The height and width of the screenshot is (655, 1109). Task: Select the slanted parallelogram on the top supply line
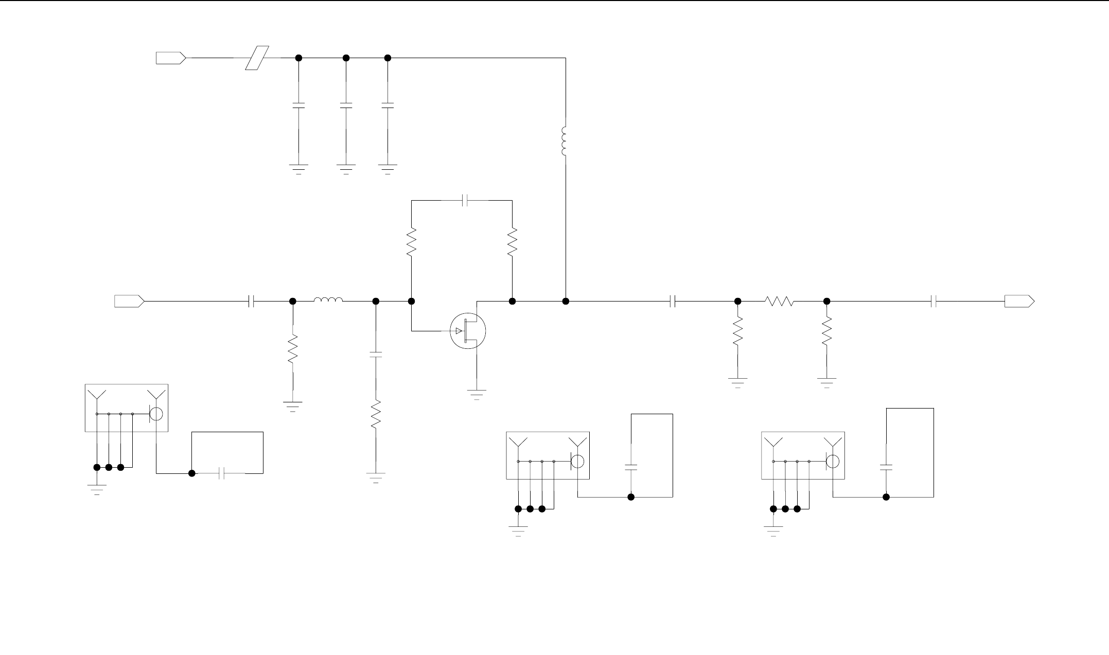257,58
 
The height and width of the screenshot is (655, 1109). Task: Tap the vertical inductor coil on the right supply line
565,141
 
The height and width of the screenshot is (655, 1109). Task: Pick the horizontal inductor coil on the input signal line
328,300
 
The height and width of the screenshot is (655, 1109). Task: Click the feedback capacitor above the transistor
465,200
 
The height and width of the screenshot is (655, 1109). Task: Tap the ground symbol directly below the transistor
477,395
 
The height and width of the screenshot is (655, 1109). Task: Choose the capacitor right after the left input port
251,301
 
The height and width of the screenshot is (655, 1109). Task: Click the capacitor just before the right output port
934,301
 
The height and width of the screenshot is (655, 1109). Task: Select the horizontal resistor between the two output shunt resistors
780,301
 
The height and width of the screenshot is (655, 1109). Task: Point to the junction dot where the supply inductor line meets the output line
565,301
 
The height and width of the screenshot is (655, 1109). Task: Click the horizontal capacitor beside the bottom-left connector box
222,473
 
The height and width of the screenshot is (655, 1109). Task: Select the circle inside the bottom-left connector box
156,413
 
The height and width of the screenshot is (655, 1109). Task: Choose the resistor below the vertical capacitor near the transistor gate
376,414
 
